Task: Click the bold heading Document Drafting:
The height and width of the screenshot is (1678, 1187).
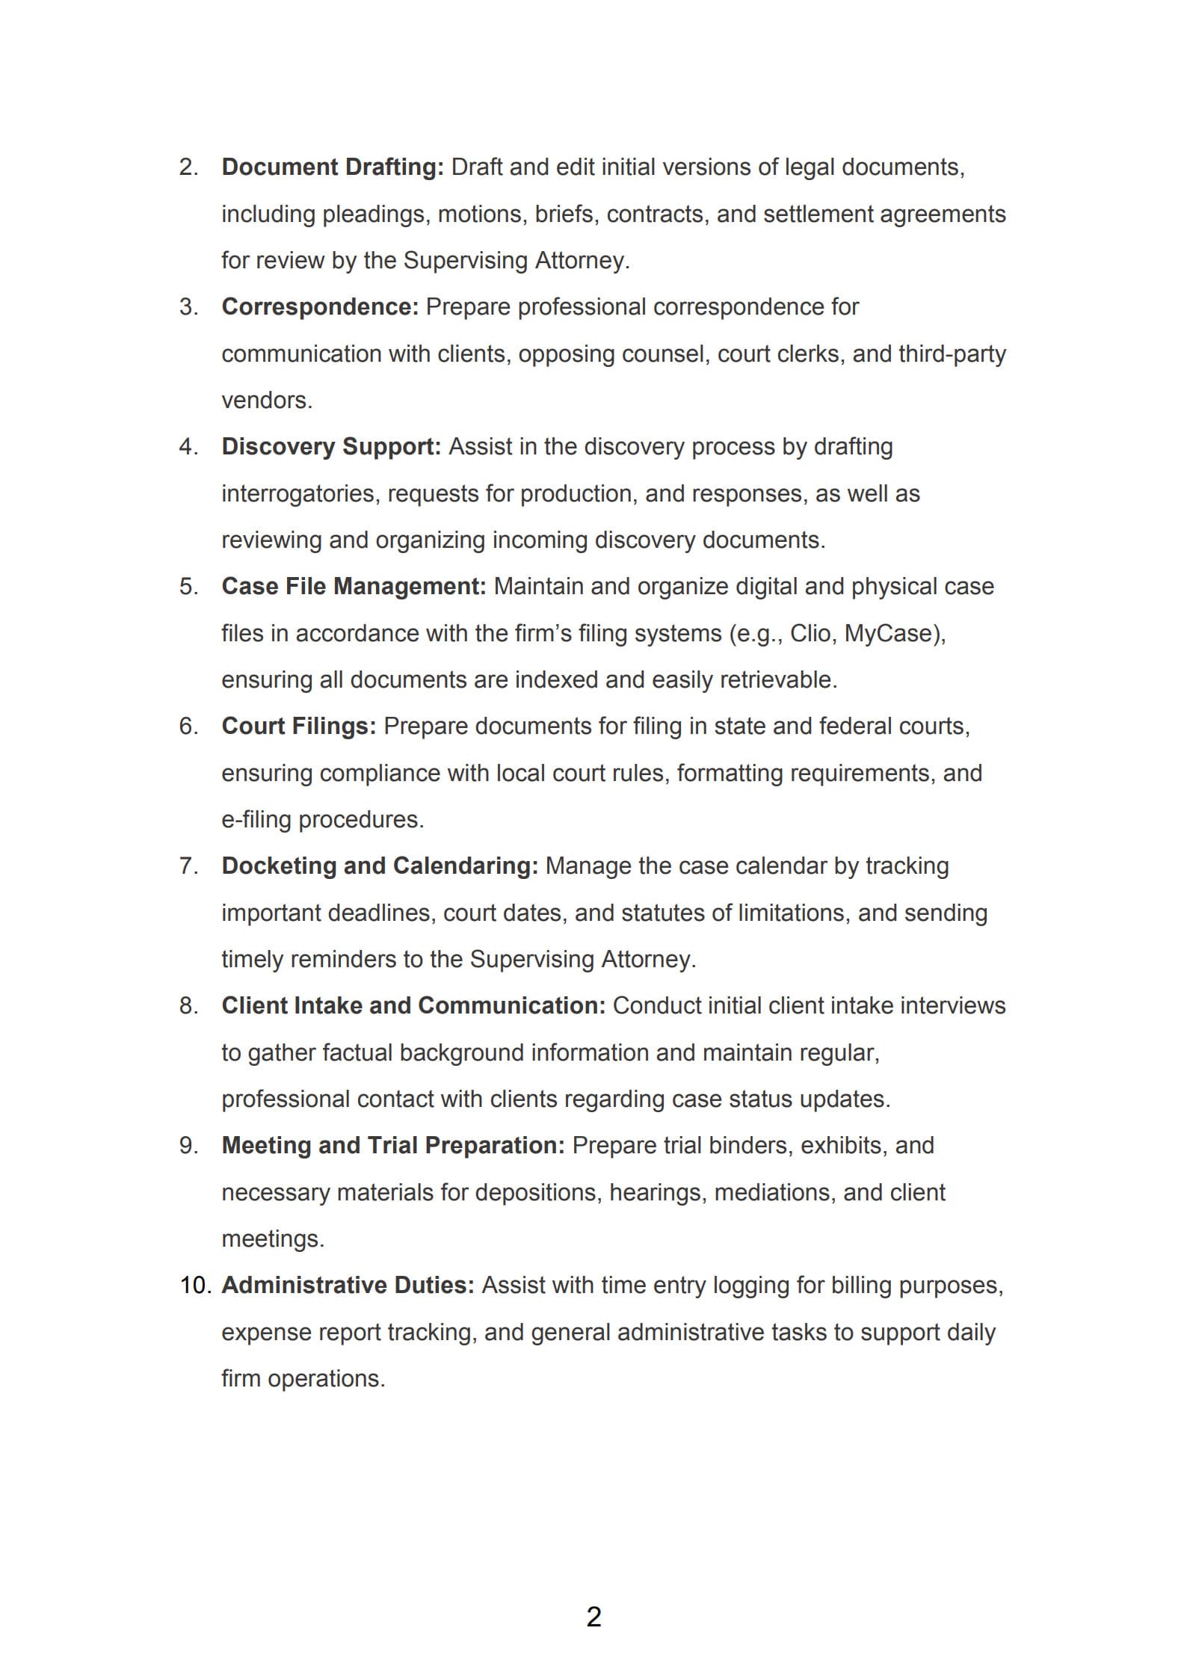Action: (333, 167)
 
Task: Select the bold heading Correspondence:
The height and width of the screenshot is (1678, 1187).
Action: (320, 306)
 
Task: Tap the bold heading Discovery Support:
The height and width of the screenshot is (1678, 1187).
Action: (331, 446)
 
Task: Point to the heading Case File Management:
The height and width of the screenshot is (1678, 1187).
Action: (354, 586)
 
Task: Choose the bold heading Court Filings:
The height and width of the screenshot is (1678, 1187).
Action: (299, 726)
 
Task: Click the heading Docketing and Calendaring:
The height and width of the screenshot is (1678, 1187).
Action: (380, 866)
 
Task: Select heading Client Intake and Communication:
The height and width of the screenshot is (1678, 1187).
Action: (413, 1005)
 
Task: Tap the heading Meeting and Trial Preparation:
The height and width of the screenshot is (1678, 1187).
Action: (393, 1145)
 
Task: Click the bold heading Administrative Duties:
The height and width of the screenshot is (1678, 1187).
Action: (348, 1285)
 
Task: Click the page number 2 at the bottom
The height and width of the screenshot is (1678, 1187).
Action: (593, 1617)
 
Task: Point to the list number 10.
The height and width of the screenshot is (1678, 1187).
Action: (196, 1285)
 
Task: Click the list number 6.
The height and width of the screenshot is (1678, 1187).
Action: (188, 726)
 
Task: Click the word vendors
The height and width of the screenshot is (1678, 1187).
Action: (266, 401)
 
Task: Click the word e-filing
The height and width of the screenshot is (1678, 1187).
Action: (256, 819)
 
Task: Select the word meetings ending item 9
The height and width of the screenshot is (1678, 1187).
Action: (272, 1239)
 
